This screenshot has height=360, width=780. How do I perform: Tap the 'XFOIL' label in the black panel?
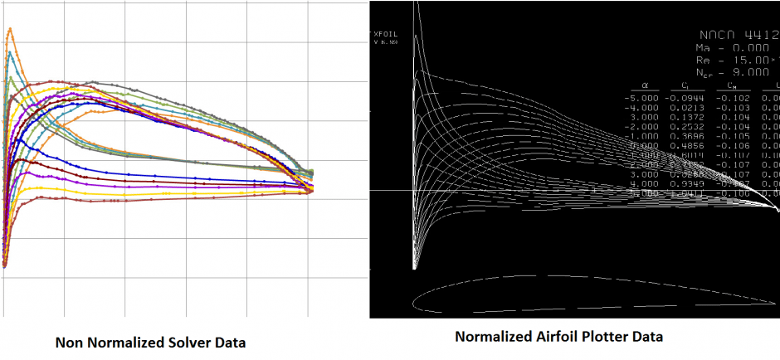388,34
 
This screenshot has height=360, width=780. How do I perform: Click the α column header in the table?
644,85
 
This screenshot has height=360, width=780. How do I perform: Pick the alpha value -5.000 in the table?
641,97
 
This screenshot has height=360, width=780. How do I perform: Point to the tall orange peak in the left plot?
10,31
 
